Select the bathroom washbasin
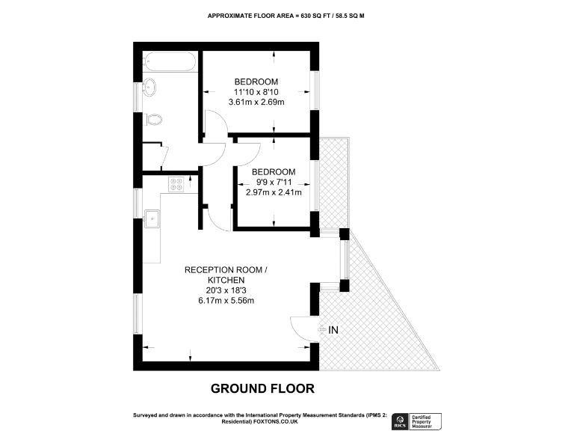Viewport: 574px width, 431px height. pos(149,87)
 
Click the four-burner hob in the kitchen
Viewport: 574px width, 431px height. pos(176,184)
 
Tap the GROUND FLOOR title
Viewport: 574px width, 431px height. pos(262,388)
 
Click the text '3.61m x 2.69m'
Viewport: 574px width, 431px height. pos(259,103)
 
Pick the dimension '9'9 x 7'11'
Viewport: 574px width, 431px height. pos(274,182)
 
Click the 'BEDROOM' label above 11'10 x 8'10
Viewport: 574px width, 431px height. pos(256,82)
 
